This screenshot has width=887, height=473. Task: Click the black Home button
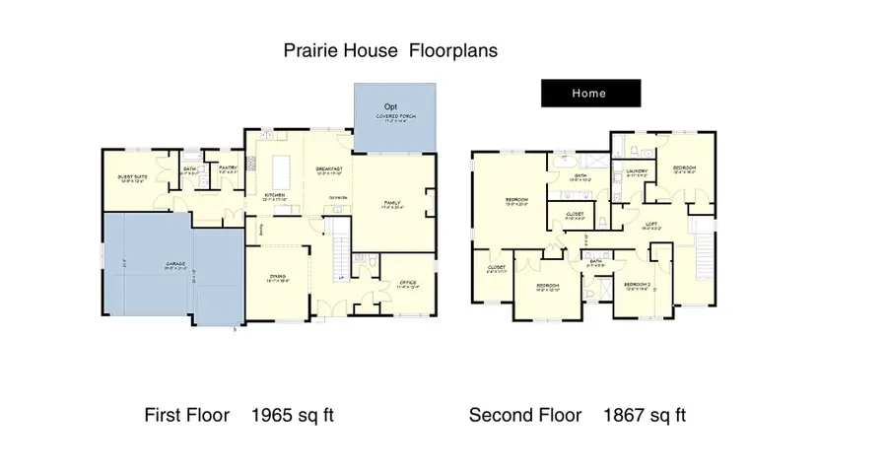pos(590,94)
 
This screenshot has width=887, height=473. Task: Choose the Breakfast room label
pos(329,169)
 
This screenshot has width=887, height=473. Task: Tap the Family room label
pos(392,204)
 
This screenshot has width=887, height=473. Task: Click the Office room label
pos(408,284)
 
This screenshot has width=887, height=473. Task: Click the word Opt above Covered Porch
pos(391,105)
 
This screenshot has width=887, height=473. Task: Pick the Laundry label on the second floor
pos(637,172)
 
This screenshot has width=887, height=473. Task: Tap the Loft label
pos(651,224)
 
